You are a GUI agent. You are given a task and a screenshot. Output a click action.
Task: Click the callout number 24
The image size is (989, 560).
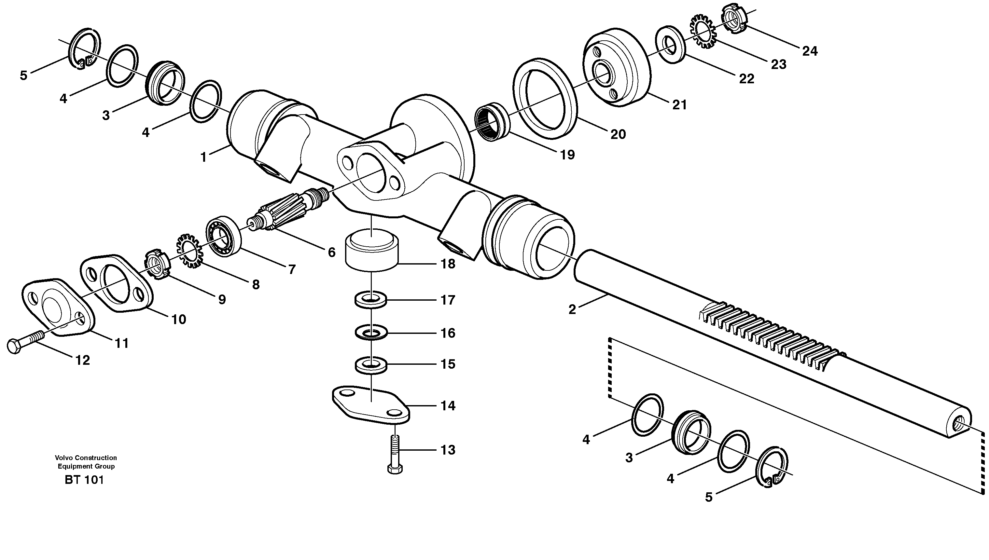coord(809,51)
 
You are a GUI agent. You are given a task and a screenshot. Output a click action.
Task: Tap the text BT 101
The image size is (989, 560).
coord(84,480)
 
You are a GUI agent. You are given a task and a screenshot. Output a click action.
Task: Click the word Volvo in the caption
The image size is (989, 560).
coord(63,458)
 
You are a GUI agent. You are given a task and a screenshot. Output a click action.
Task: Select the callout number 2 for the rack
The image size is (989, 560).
coord(572,310)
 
